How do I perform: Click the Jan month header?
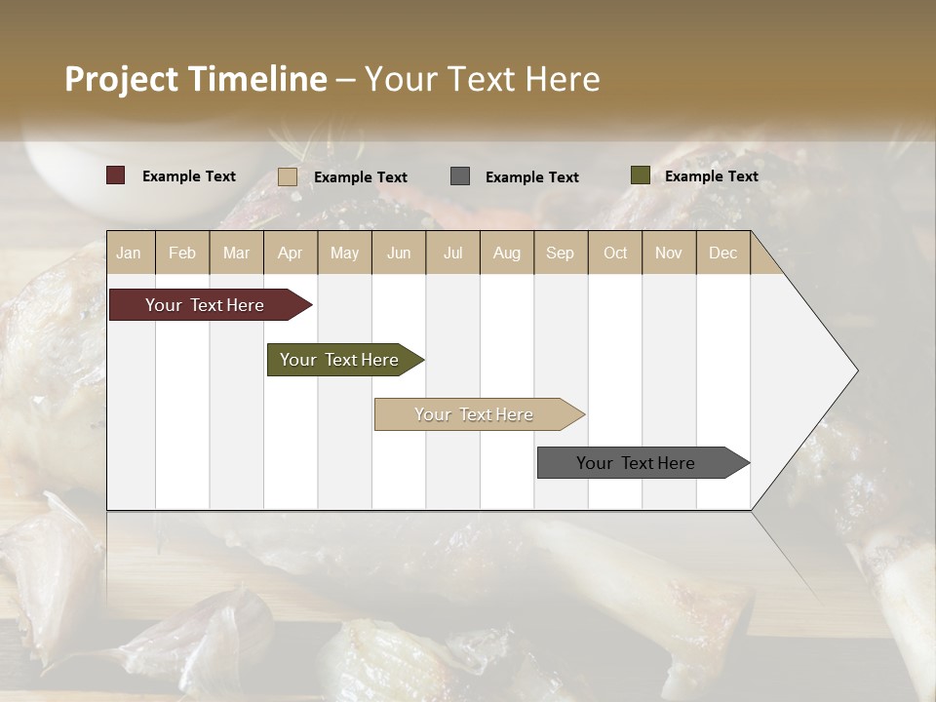coord(129,253)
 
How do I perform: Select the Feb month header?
coord(182,253)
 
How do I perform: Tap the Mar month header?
coord(236,253)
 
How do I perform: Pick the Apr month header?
coord(291,253)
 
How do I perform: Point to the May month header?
coord(344,253)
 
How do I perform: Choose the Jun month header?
coord(399,253)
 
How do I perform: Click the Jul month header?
coord(452,253)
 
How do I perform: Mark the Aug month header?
coord(507,253)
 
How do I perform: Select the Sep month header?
coord(561,253)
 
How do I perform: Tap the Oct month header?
coord(615,253)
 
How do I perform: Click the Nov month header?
coord(669,253)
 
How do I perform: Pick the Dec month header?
coord(722,253)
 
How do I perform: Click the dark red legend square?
coord(116,175)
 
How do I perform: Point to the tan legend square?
coord(288,176)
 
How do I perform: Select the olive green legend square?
coord(640,175)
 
